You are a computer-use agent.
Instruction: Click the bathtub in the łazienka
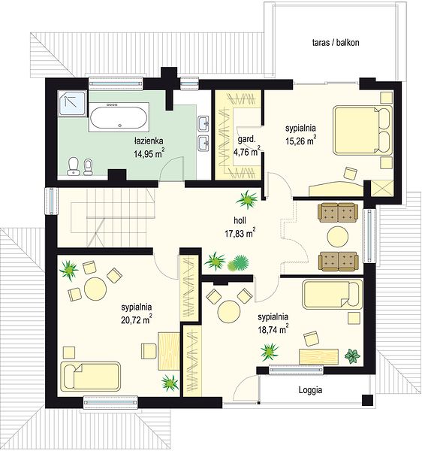(119, 117)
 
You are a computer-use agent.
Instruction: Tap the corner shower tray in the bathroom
(72, 103)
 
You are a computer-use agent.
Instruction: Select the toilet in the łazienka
(74, 167)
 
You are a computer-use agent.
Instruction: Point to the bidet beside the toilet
(88, 167)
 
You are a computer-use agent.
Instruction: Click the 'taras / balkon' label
(336, 43)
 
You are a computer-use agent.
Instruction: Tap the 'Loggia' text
(310, 390)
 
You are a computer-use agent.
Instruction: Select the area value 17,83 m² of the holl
(240, 233)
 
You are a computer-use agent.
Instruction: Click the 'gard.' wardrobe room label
(246, 140)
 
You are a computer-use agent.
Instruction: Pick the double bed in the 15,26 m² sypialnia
(363, 130)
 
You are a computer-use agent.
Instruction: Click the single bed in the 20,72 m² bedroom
(91, 377)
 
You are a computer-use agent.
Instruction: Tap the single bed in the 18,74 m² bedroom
(332, 294)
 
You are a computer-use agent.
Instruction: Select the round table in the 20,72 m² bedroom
(95, 289)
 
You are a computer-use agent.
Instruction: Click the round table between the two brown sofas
(338, 237)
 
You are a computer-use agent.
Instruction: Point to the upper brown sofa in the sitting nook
(338, 213)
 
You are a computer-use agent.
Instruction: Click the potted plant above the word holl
(247, 199)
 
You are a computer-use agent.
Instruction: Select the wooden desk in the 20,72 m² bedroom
(169, 351)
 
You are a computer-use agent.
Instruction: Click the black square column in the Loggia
(367, 400)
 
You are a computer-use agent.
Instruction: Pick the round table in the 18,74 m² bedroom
(229, 312)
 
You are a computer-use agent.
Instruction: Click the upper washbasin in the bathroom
(204, 124)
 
